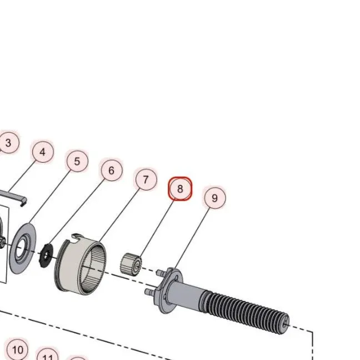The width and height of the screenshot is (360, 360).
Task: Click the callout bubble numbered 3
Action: [8, 143]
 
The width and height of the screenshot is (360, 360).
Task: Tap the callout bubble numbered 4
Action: [43, 152]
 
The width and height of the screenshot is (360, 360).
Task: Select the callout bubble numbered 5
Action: [77, 161]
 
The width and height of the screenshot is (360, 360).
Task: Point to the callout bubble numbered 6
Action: [112, 171]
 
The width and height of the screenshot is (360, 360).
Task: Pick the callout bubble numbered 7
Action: [146, 179]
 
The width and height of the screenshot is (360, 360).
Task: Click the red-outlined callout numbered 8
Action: [180, 189]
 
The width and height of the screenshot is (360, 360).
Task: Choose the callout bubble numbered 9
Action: [215, 198]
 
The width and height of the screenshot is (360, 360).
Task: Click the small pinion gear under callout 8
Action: [131, 264]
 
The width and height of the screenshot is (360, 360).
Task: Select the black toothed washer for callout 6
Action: [46, 256]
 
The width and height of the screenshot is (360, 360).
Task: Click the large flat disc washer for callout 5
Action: [23, 248]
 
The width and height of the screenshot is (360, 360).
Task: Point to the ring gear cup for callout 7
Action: [81, 264]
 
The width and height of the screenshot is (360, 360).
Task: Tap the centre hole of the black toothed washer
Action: [47, 255]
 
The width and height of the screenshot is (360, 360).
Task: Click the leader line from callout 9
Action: [192, 238]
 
